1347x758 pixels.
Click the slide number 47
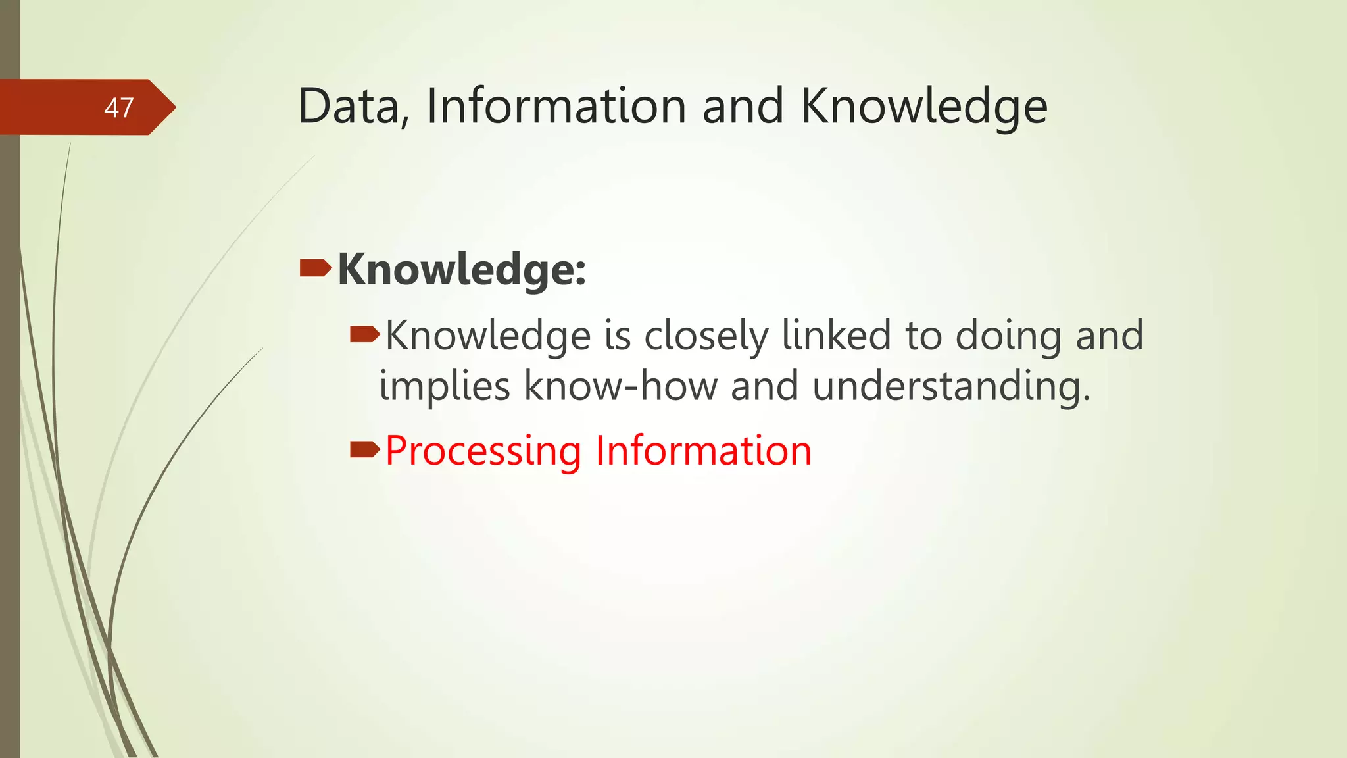pos(119,108)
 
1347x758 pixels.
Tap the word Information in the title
pos(556,107)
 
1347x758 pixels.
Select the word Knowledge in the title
pos(923,107)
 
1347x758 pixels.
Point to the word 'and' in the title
pos(743,107)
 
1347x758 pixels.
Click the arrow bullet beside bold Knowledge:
pos(315,268)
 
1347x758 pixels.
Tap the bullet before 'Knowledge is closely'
pos(364,336)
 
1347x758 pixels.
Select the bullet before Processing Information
pos(364,450)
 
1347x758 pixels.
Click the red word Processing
pos(483,451)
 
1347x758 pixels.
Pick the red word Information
pos(703,451)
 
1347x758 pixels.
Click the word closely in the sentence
pos(706,337)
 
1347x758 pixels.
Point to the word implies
pos(445,386)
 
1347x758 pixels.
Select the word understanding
pos(951,386)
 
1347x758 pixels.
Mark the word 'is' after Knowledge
pos(618,336)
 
